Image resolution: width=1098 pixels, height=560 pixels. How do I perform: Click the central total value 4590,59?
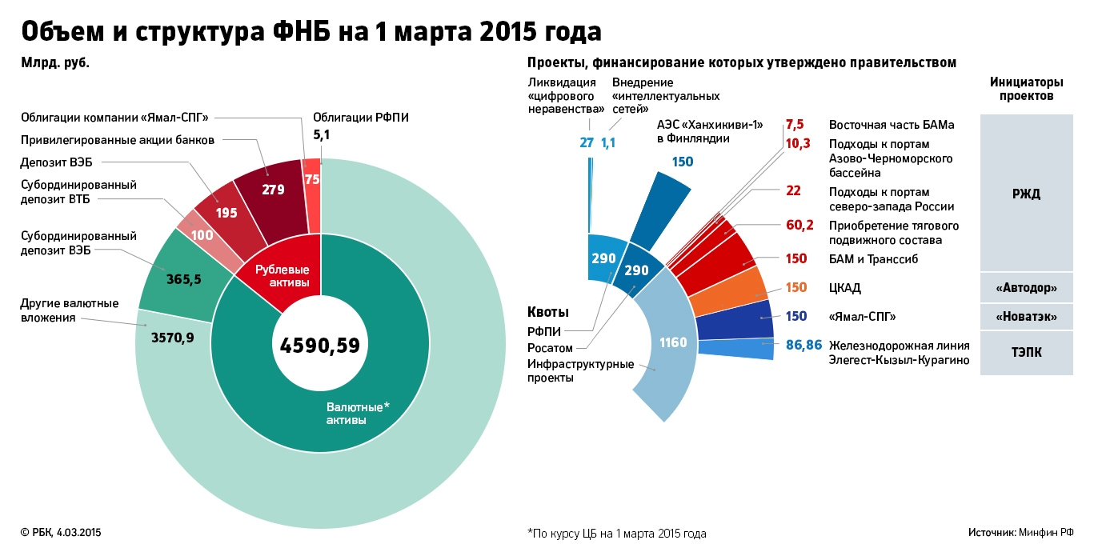319,345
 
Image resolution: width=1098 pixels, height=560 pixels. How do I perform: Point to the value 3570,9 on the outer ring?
172,338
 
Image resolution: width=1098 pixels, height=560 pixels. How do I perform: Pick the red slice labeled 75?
312,180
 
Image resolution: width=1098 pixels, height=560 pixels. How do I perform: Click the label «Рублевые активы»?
282,277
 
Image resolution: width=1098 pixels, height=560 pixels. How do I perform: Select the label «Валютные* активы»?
357,413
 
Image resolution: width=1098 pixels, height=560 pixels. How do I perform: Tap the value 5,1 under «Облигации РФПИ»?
321,135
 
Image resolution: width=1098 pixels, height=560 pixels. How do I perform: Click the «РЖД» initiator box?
1025,194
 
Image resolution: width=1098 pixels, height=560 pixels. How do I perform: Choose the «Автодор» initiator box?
1025,288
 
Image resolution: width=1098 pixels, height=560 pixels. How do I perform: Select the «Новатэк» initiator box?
1025,317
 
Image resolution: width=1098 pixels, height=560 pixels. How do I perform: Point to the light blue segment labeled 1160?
672,342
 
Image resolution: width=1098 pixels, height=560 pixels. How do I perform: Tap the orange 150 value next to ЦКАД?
796,288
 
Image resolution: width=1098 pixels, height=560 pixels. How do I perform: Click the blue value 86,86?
803,346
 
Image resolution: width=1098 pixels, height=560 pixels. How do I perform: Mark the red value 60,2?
799,225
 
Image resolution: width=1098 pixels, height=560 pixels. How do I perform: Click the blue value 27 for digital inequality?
587,142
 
